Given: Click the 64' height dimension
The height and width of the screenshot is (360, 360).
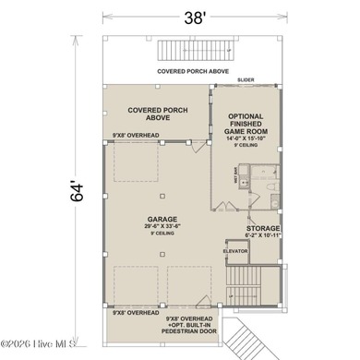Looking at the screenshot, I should click(79, 190).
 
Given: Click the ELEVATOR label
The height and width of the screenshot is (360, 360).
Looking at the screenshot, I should click(236, 248).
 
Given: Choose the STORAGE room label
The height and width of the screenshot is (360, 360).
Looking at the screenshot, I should click(263, 227).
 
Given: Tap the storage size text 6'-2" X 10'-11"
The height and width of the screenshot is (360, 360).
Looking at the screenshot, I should click(263, 235).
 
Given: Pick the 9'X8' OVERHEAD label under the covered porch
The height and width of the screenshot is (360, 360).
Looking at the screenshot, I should click(136, 137).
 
